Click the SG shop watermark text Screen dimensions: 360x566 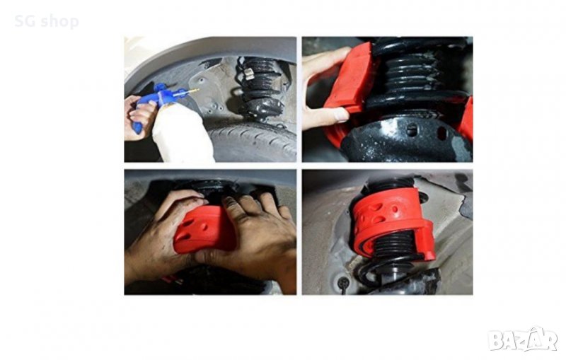coord(47,21)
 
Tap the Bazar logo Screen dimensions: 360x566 coord(523,340)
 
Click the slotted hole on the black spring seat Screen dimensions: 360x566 coord(411,130)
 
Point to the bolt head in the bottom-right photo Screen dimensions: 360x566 coord(343,281)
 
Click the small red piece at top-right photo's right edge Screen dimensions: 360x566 coord(466,120)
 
